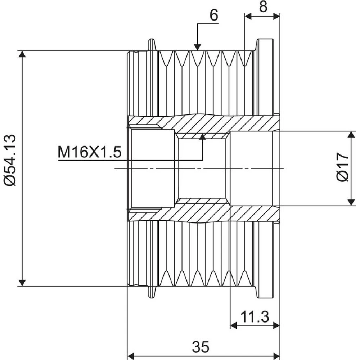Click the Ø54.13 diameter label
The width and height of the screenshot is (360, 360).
pyautogui.click(x=10, y=160)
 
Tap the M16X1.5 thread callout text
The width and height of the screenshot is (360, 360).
pyautogui.click(x=90, y=152)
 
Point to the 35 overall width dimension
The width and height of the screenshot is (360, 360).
pyautogui.click(x=201, y=347)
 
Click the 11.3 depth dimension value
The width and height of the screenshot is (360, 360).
pyautogui.click(x=255, y=317)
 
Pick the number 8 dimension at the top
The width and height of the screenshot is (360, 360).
pyautogui.click(x=263, y=6)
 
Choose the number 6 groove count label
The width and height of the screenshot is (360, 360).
pyautogui.click(x=214, y=15)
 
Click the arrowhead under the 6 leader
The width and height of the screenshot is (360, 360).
pyautogui.click(x=197, y=47)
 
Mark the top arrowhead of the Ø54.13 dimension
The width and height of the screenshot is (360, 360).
pyautogui.click(x=22, y=54)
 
